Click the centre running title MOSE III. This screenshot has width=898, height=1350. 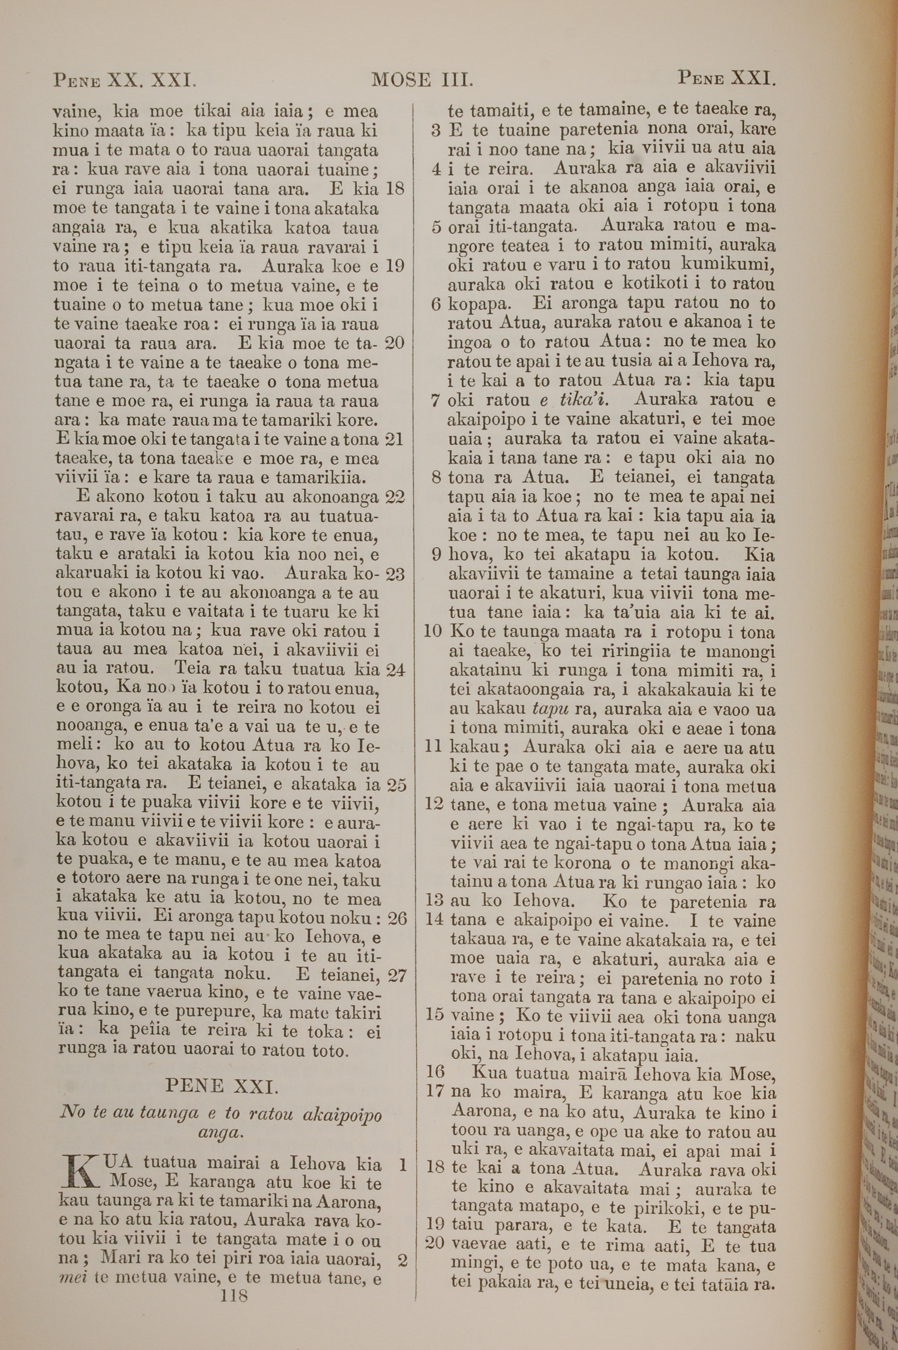tap(422, 79)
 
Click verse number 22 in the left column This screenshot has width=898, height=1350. tap(395, 497)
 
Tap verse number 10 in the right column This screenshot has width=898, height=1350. tap(434, 632)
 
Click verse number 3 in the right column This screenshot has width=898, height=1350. tap(436, 131)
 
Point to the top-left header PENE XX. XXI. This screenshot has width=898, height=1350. tap(125, 79)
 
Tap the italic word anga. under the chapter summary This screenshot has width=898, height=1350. tap(220, 1115)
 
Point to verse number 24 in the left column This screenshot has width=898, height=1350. tap(395, 669)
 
